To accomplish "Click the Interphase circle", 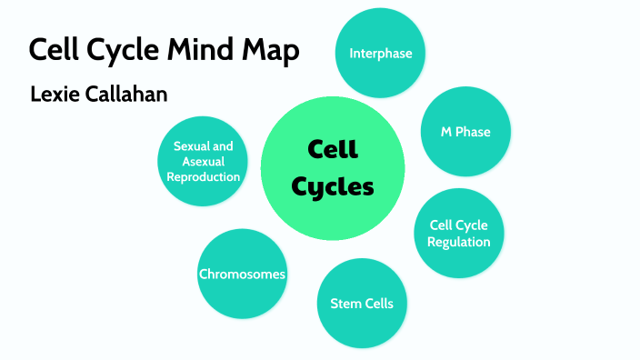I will point(381,53).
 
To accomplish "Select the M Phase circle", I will point(465,132).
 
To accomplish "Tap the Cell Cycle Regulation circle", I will point(459,234).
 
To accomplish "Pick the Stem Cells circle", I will point(361,304).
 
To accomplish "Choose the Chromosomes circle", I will point(242,274).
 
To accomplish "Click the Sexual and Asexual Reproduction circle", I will point(204,161).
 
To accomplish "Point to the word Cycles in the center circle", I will point(332,187).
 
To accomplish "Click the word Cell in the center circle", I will point(333,148).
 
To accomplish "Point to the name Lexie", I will point(55,95).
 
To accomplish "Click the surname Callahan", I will point(126,95).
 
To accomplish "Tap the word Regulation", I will point(459,242).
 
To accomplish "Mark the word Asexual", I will point(204,161).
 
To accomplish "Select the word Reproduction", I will point(204,176).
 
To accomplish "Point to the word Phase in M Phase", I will point(474,132).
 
